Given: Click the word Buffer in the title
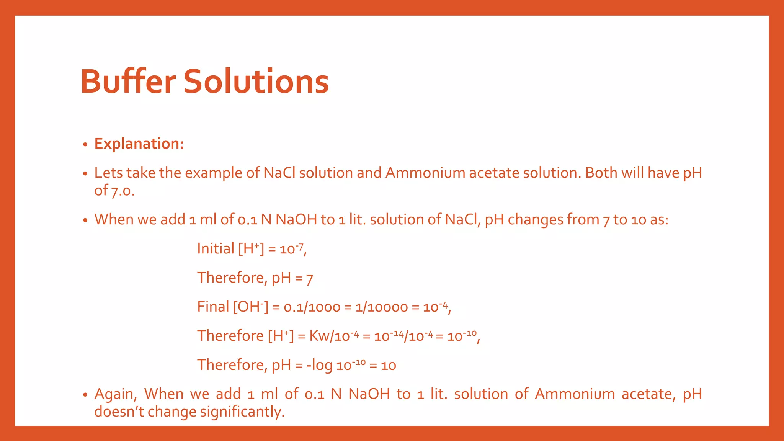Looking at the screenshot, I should (x=128, y=81).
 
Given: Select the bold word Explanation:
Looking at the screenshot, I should (x=139, y=144).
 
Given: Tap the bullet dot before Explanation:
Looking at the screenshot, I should (x=85, y=145).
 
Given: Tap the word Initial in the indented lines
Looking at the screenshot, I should (x=216, y=249).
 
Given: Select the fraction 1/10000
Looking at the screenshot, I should (x=381, y=307).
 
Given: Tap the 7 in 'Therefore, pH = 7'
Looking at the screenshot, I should (x=309, y=278).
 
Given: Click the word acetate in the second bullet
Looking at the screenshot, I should (x=494, y=173).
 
